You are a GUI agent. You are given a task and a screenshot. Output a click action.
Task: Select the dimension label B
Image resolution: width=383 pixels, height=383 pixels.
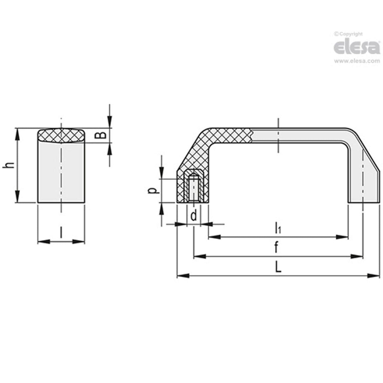(100, 136)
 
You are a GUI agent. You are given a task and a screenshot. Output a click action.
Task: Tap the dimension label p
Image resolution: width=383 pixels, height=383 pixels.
(153, 191)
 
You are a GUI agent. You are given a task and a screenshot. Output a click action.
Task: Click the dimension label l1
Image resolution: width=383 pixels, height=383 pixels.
(278, 228)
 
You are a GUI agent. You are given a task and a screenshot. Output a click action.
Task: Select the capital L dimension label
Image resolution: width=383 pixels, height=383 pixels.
(278, 268)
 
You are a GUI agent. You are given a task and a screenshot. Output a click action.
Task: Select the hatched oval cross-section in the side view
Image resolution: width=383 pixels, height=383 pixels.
(61, 136)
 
